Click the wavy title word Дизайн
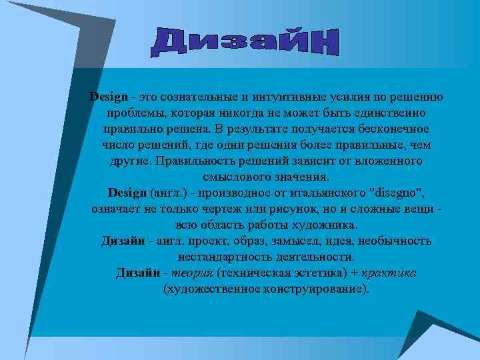tap(245, 41)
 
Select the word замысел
tap(308, 240)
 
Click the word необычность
tap(397, 240)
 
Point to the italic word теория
tap(192, 273)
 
